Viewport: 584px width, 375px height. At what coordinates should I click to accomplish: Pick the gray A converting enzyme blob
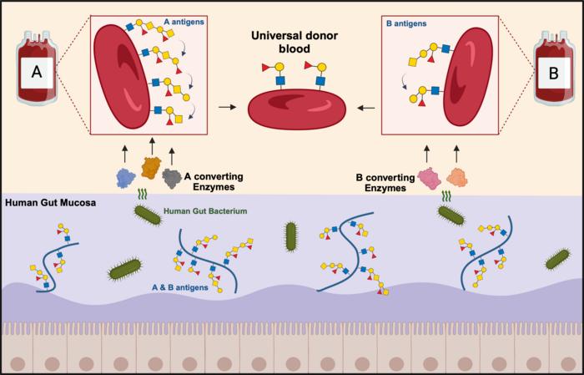click(x=174, y=177)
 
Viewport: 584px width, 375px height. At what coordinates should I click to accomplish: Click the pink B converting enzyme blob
click(x=430, y=177)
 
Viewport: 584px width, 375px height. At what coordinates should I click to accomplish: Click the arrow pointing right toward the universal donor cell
click(x=225, y=108)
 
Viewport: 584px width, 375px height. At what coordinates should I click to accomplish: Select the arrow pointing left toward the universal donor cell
click(x=365, y=108)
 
